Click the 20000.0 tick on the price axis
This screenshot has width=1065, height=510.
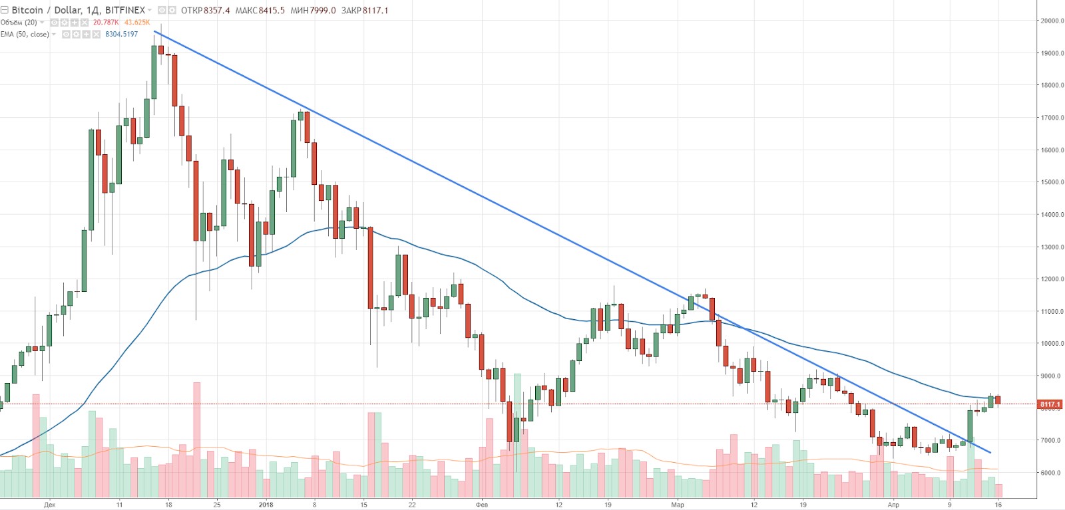(x=1052, y=21)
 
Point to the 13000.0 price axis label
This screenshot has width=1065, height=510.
(x=1052, y=247)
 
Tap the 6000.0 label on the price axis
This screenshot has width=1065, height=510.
(x=1052, y=473)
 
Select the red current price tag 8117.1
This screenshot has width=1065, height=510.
(x=1050, y=404)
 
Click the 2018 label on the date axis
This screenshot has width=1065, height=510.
(x=266, y=505)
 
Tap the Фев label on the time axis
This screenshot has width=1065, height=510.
(x=482, y=505)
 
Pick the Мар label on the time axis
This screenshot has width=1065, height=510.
(x=678, y=505)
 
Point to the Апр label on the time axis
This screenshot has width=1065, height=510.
(x=893, y=505)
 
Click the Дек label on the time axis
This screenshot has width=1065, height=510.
(x=50, y=505)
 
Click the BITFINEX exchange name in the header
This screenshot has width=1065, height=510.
(x=125, y=10)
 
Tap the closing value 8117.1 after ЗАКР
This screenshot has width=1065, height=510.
(x=375, y=11)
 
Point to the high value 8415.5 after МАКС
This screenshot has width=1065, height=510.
(x=272, y=11)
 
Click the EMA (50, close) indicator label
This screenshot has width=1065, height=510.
(x=25, y=35)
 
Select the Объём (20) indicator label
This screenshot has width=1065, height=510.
(x=19, y=23)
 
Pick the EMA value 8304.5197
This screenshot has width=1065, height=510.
(x=122, y=35)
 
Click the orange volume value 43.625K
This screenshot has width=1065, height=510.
(x=137, y=23)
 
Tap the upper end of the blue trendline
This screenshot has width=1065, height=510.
(x=154, y=31)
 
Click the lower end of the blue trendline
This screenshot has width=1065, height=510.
(x=991, y=453)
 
